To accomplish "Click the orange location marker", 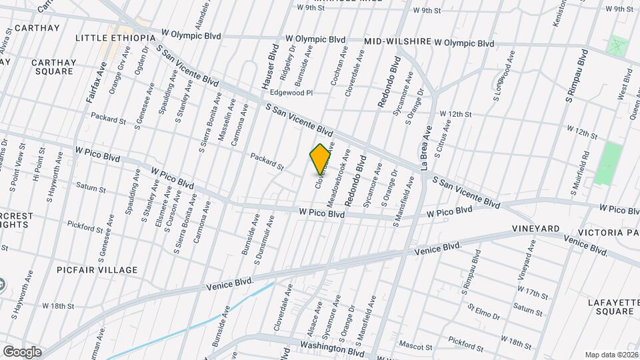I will pos(321,159).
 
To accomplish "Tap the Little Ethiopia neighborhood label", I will pos(115,37).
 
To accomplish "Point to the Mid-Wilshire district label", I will pos(398,41).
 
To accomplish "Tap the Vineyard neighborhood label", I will pos(535,229).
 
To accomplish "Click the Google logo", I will pos(22,351).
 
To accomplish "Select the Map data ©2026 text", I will pos(611,355).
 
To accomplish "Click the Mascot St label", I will pos(415,345).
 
